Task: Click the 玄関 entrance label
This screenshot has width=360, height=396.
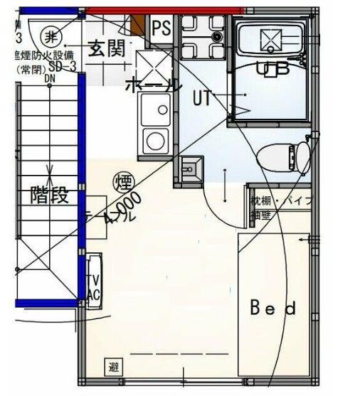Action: click(107, 48)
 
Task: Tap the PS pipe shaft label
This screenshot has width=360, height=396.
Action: click(162, 28)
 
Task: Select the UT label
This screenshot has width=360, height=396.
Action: click(201, 99)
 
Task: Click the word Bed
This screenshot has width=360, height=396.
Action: click(272, 309)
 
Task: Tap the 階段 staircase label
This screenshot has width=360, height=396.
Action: click(49, 195)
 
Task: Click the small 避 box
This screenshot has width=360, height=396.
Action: click(114, 368)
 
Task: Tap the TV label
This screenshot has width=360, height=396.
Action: click(92, 280)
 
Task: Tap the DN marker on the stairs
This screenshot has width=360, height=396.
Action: click(51, 79)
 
